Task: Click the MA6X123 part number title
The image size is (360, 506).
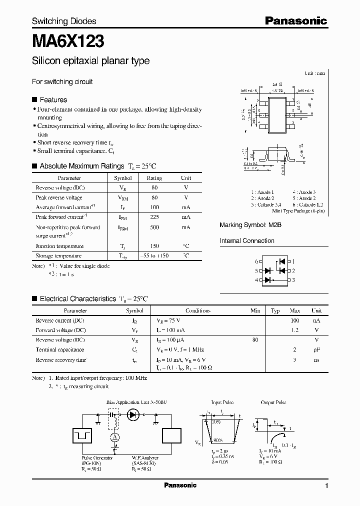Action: point(68,40)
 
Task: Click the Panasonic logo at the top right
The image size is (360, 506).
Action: point(295,20)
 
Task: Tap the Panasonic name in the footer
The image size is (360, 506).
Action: point(180,485)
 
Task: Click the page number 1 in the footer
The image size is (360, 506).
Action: point(326,485)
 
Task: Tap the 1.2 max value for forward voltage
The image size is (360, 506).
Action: point(294,330)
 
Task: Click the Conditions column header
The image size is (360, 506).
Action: point(197,310)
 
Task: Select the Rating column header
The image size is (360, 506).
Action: point(154,178)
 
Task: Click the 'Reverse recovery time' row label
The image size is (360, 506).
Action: point(61,359)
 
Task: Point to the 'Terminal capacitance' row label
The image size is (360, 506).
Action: point(60,349)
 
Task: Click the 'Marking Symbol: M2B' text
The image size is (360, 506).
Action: point(250,225)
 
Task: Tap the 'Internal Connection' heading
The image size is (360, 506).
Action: point(247,240)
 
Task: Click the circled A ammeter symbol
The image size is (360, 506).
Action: point(114,436)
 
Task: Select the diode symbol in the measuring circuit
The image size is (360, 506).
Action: point(133,414)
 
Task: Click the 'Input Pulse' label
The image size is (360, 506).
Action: point(222,402)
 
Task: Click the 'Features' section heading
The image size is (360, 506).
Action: point(53,99)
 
